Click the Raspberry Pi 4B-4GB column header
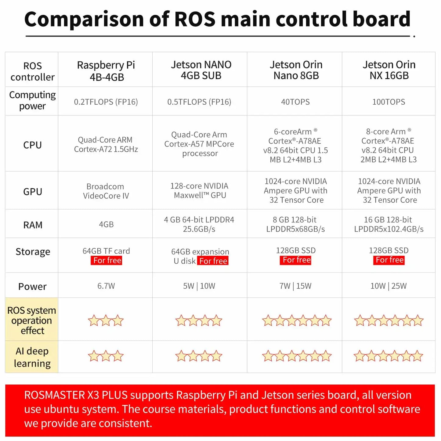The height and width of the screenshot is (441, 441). pos(106,71)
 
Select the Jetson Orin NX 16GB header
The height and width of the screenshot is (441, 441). pos(389,70)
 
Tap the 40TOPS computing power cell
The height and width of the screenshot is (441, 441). pos(295,102)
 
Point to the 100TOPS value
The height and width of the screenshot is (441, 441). pos(389,102)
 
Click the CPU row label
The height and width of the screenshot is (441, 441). pos(32,145)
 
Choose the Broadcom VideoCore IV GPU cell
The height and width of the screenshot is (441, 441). pos(106,191)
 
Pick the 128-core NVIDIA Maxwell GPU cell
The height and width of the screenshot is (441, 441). pos(199,190)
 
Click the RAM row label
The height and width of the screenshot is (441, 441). pos(33,225)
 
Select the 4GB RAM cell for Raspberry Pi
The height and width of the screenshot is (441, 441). pos(106,224)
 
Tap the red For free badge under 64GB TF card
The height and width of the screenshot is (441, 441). pos(107,260)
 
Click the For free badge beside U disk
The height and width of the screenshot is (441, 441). pos(213,261)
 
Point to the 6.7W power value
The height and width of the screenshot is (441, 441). pos(106,286)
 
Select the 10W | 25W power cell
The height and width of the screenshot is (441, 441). pos(389,286)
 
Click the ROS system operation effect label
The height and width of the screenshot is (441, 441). pos(32,320)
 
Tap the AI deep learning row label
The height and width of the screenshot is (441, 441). pos(32,357)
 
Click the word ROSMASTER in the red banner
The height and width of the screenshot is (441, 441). pos(54,395)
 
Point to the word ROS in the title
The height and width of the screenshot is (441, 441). pos(195,19)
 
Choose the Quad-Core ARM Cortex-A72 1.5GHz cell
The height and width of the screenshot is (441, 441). pos(106,144)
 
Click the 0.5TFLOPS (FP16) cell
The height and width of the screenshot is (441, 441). pos(199,102)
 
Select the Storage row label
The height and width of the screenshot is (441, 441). pos(33,251)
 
